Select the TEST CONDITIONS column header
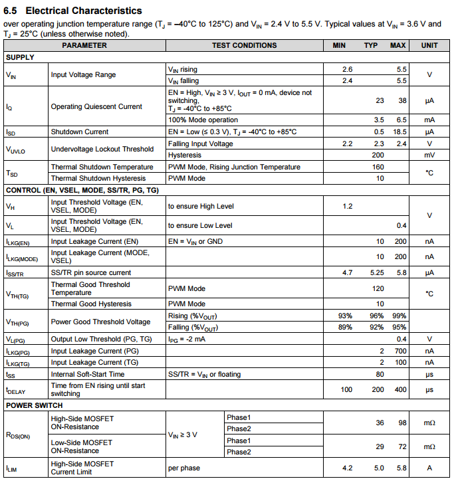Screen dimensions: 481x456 [244, 46]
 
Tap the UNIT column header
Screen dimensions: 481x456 [429, 46]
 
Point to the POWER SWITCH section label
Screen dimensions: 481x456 [34, 405]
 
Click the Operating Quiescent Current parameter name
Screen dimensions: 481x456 [96, 106]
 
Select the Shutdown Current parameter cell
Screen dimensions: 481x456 [80, 132]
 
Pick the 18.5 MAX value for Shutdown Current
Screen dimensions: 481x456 [399, 132]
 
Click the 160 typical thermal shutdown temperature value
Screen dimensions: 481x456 [378, 167]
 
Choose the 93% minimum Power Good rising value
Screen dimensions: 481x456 [345, 316]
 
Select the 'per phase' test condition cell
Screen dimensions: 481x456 [184, 468]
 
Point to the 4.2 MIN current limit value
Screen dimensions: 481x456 [347, 468]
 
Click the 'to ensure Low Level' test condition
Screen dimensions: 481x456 [200, 226]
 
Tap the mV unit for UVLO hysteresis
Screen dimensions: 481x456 [429, 155]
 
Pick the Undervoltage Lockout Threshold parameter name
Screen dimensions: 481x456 [102, 149]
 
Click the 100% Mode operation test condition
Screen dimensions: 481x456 [203, 120]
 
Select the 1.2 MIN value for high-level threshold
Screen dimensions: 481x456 [347, 207]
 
